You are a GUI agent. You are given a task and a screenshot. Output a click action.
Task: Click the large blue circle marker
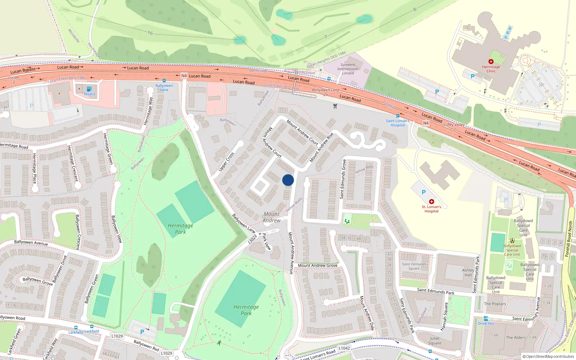(x=288, y=180)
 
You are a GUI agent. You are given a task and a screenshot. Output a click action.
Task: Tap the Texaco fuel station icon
(x=89, y=89)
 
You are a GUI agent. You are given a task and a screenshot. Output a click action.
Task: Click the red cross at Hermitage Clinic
(x=491, y=62)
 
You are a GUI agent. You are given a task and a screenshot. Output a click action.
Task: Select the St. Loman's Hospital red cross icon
(x=431, y=202)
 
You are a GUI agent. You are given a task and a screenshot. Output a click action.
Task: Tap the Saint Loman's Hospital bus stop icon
(x=397, y=116)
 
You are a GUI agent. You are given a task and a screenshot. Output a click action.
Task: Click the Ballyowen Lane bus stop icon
(x=164, y=81)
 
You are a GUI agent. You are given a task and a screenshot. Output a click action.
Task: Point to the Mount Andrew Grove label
(x=318, y=265)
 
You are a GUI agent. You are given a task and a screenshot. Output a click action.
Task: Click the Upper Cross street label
(x=226, y=162)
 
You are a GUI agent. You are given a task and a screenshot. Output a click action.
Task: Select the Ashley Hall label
(x=468, y=272)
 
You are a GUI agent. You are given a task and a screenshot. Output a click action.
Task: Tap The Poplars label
(x=495, y=304)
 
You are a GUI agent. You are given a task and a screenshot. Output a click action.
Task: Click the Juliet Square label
(x=435, y=341)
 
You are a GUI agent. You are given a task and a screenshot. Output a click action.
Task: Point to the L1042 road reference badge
(x=344, y=348)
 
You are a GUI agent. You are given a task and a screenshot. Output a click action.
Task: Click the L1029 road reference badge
(x=117, y=336)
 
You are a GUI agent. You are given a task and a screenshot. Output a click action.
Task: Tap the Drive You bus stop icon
(x=486, y=319)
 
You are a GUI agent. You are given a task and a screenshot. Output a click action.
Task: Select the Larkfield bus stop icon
(x=76, y=328)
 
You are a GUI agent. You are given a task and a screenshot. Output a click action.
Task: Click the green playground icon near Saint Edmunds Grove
(x=347, y=221)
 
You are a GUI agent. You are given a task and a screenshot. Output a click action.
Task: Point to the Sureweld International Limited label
(x=347, y=69)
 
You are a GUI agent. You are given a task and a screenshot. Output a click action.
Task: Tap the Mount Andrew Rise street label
(x=321, y=147)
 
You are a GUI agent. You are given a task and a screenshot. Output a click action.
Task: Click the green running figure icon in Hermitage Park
(x=219, y=343)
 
